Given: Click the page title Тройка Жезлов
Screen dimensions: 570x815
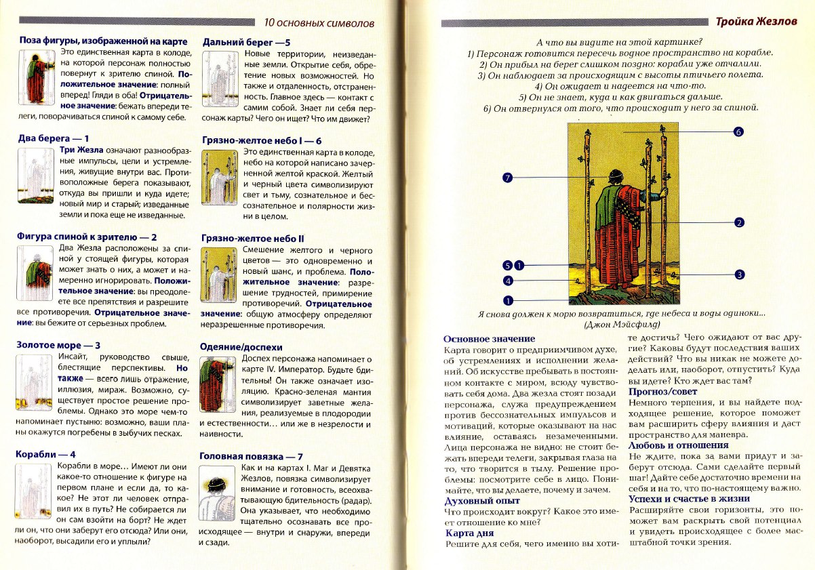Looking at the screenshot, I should [x=765, y=22].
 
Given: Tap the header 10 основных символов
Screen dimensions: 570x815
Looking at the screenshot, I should [x=317, y=22].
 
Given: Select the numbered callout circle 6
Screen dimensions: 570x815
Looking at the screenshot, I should [x=739, y=131].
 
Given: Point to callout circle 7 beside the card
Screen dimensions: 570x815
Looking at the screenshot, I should [x=506, y=178].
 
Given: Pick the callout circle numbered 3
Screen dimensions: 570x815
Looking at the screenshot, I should [x=740, y=274].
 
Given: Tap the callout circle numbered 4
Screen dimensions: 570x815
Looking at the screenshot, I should [x=506, y=281].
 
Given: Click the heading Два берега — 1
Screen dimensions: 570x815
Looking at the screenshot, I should [x=54, y=138].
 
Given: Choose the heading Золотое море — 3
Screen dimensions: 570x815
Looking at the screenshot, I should [x=58, y=345].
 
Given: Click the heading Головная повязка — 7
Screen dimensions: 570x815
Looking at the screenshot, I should [x=251, y=457].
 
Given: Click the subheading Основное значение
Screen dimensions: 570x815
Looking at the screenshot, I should [x=489, y=339].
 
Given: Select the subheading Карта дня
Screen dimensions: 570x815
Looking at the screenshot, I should [x=469, y=533].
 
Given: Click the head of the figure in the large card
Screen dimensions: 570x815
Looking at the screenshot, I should [x=614, y=178].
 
